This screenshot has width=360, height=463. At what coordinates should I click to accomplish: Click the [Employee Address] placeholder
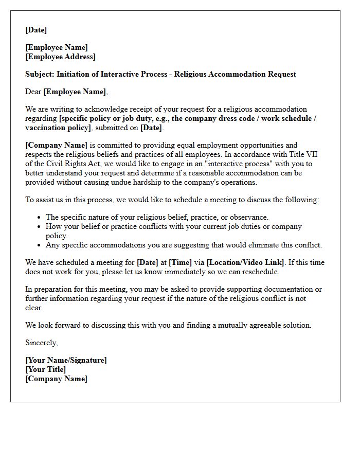60,57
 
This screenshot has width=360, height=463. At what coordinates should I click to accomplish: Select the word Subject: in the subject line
40,74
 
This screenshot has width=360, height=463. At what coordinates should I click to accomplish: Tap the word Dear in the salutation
33,92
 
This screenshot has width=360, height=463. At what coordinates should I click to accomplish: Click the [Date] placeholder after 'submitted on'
151,128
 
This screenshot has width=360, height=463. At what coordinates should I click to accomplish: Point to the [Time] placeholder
180,262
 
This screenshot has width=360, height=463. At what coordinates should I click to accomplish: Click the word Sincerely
42,343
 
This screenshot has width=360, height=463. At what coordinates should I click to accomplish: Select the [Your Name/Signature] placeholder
66,360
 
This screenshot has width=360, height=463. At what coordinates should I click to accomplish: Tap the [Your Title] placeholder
46,369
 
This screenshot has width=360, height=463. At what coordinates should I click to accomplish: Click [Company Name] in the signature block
57,379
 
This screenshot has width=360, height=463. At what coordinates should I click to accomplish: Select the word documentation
286,289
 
